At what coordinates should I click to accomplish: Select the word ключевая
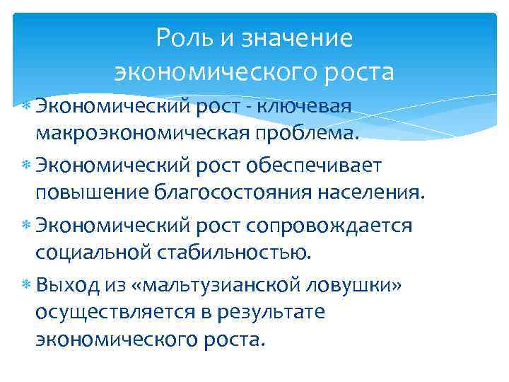(x=305, y=106)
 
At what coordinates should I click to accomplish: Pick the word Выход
(x=71, y=284)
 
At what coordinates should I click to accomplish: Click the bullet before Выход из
(x=26, y=285)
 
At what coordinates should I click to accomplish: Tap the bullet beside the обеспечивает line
(x=26, y=166)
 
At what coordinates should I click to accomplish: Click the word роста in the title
(x=354, y=71)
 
